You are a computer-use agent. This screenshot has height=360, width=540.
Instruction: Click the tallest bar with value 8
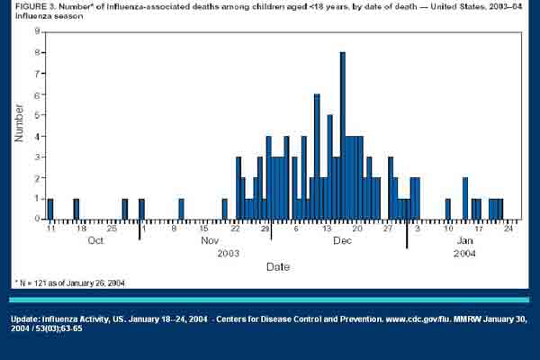(x=343, y=135)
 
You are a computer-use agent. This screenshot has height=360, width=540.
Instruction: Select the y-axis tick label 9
(x=36, y=31)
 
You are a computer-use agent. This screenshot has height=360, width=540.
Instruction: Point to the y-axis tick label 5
(x=36, y=115)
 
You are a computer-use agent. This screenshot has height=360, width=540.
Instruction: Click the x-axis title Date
(x=278, y=266)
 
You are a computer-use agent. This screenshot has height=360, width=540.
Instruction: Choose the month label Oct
(x=96, y=241)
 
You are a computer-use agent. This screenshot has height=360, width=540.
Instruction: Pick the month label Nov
(x=210, y=241)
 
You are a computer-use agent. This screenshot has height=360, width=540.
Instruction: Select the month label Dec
(x=343, y=241)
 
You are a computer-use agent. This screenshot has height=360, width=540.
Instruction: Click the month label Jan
(x=464, y=241)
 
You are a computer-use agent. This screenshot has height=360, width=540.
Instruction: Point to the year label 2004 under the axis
(x=466, y=254)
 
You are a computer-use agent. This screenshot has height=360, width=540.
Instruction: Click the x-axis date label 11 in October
(x=50, y=229)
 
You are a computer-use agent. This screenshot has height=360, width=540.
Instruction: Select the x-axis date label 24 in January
(x=508, y=229)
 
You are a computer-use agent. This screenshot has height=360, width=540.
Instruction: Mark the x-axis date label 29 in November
(x=266, y=229)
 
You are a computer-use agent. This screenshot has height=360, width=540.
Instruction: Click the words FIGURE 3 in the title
(x=33, y=8)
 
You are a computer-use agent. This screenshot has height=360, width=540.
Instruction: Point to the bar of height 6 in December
(x=317, y=157)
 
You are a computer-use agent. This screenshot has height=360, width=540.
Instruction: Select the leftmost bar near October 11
(x=50, y=209)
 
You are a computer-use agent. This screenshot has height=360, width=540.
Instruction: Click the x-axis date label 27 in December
(x=388, y=229)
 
